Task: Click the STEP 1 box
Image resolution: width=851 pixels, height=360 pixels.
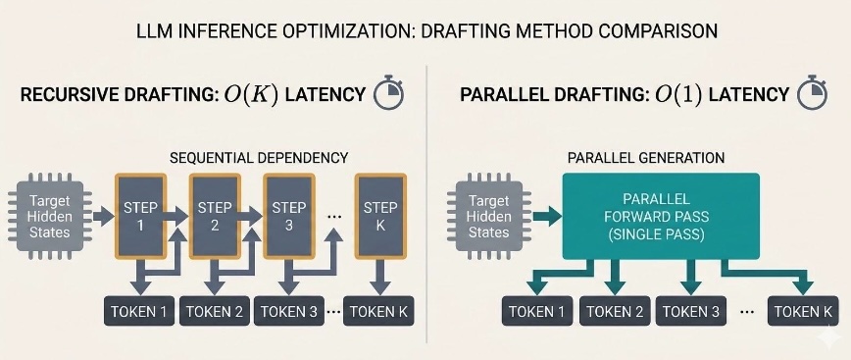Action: [x=140, y=216]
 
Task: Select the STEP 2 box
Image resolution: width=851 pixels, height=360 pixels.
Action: [x=215, y=216]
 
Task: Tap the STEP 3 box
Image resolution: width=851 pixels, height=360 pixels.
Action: [x=288, y=216]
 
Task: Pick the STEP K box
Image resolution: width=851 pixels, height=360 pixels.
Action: [x=380, y=216]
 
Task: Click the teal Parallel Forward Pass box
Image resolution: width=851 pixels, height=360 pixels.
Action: [x=661, y=216]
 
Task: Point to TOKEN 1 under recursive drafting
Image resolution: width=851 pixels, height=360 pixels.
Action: [x=139, y=311]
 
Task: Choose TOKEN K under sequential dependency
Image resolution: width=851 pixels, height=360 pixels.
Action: [x=378, y=311]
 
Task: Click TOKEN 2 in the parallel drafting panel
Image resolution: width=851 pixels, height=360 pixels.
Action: [x=615, y=311]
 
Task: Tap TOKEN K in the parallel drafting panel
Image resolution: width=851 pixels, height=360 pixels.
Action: [x=803, y=311]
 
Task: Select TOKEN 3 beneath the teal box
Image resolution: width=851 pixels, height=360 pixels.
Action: [x=691, y=311]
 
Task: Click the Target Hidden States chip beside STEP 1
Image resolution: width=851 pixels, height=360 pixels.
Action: [x=50, y=216]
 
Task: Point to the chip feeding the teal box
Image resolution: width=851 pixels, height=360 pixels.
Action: [x=489, y=216]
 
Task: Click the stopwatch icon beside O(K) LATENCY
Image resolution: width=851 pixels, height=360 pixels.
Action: [x=389, y=93]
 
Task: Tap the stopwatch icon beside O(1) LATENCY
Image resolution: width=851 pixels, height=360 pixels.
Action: [x=812, y=93]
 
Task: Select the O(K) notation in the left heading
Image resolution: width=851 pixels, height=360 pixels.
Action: [x=251, y=94]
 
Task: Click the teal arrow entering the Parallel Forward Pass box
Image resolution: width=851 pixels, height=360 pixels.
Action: [x=547, y=216]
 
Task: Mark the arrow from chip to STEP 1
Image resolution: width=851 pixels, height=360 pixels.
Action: [x=103, y=216]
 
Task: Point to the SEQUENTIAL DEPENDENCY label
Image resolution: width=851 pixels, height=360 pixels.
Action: [x=259, y=158]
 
